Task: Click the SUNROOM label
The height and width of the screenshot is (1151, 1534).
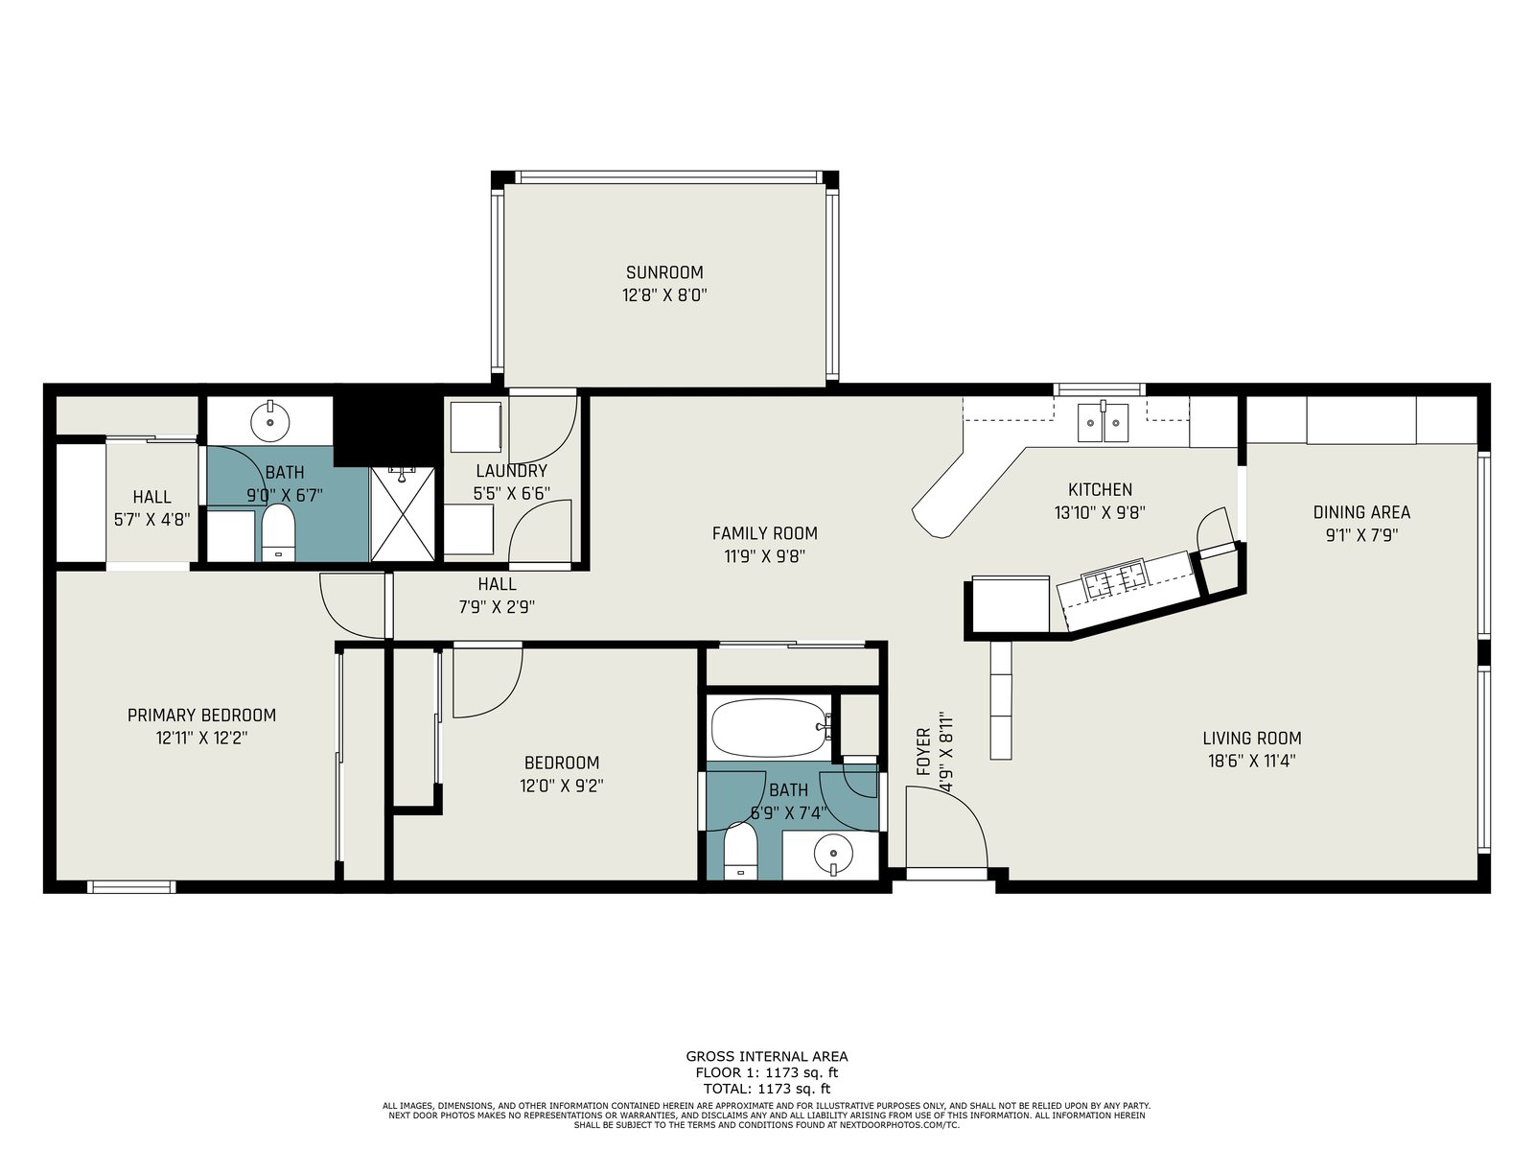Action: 663,272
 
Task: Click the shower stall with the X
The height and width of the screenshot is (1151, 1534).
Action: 403,514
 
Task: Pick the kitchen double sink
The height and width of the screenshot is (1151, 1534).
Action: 1103,422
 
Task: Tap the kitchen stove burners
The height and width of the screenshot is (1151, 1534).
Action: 1115,579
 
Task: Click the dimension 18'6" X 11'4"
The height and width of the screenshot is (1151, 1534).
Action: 1252,761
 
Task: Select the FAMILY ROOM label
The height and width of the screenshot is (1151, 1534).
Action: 764,533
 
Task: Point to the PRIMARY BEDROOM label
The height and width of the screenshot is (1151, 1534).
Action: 201,715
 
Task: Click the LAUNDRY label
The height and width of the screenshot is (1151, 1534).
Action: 512,471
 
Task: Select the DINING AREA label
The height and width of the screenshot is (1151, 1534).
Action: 1361,512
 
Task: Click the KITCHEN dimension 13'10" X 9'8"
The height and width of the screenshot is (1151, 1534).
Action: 1100,513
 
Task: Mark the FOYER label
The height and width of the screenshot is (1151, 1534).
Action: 924,751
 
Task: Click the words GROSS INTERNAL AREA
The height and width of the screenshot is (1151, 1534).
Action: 767,1057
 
